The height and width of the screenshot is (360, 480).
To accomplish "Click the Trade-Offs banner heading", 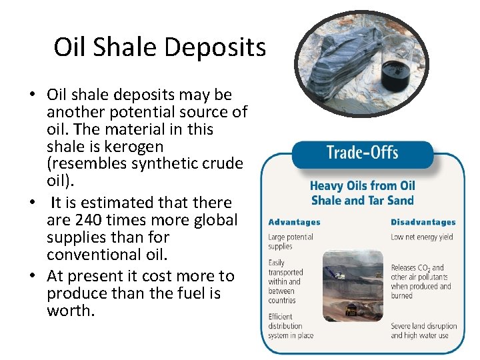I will [362, 153].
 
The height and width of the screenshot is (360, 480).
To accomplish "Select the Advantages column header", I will [294, 222].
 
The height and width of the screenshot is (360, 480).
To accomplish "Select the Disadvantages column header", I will [423, 222].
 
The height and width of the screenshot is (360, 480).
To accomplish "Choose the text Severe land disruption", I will [423, 326].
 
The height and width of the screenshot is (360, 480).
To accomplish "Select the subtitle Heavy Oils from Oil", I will [362, 186].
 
